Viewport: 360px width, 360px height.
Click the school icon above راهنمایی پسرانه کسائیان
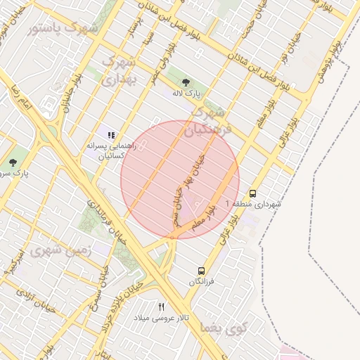(110, 134)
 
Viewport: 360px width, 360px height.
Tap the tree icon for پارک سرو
(13, 162)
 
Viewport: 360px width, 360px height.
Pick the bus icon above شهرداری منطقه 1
(252, 193)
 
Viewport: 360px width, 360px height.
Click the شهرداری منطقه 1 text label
(252, 204)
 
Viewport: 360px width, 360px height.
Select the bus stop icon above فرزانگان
(202, 271)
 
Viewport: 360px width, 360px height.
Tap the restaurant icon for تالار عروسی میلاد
(161, 307)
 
